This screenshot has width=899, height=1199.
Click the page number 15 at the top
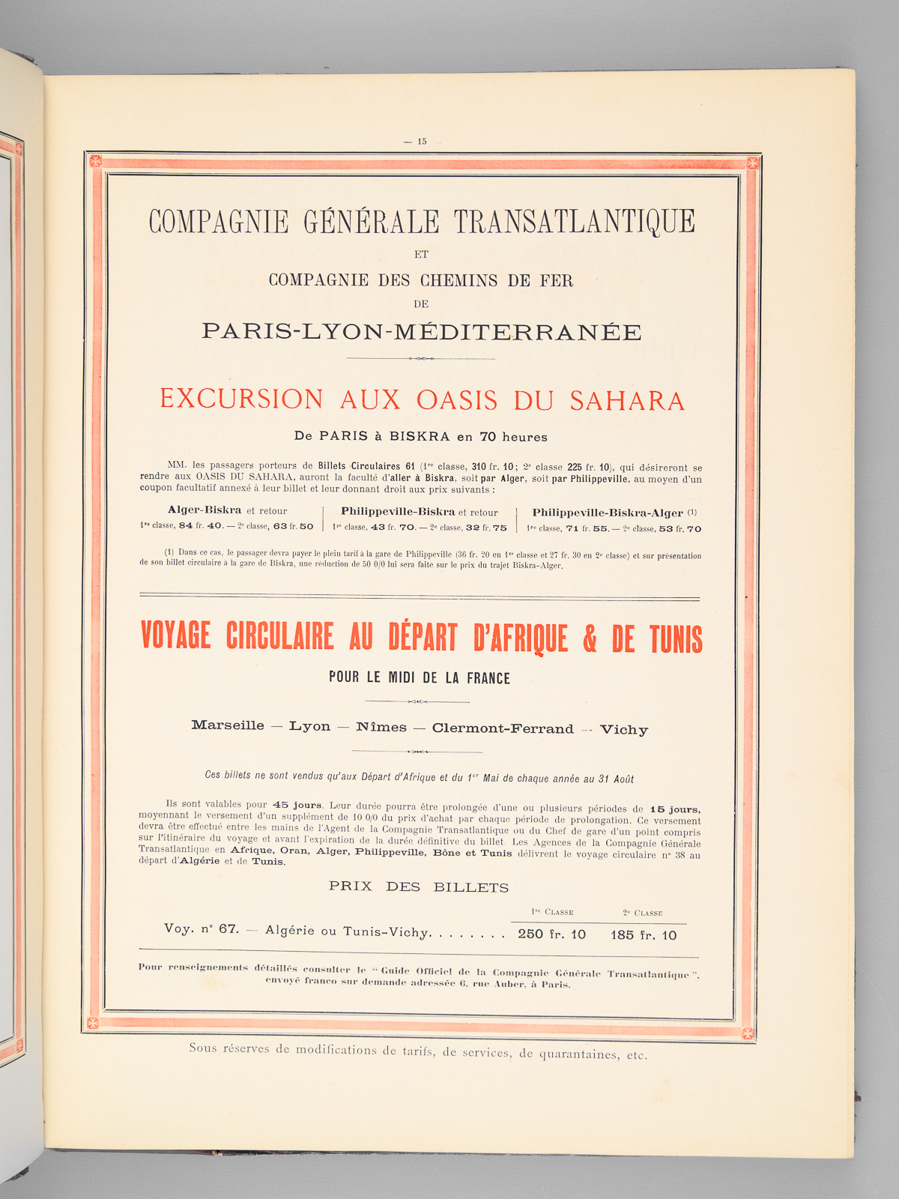[x=422, y=141]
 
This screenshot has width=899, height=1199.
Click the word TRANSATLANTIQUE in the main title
[x=575, y=222]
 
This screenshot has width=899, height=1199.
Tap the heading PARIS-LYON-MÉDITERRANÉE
[x=422, y=332]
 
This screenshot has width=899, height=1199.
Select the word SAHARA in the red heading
[x=628, y=401]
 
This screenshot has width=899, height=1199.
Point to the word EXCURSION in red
[x=241, y=399]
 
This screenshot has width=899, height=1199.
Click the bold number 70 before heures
[x=488, y=437]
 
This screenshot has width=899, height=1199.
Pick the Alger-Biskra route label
[x=205, y=510]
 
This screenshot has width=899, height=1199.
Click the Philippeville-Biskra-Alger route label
[x=608, y=513]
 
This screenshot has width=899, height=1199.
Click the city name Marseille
[x=228, y=725]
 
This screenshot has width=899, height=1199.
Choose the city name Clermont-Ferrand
[x=503, y=728]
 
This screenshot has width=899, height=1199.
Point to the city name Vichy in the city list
[x=624, y=730]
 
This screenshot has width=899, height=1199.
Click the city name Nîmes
[x=381, y=727]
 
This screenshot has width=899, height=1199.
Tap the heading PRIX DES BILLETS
[x=419, y=887]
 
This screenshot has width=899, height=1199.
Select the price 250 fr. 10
[x=552, y=934]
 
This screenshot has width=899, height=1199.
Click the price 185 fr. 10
[x=644, y=935]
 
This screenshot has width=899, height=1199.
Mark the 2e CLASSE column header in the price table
[x=643, y=913]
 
